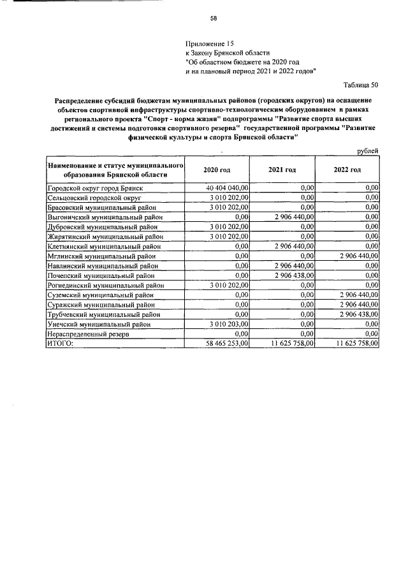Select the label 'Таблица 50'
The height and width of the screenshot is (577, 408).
[x=361, y=85]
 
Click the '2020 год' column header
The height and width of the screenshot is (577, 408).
[x=217, y=170]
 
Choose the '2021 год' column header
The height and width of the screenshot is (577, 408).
[x=282, y=170]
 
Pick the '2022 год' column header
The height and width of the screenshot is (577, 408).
[x=347, y=170]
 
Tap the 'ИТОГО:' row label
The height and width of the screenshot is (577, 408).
[x=61, y=343]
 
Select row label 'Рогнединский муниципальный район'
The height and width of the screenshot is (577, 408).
[x=106, y=285]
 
